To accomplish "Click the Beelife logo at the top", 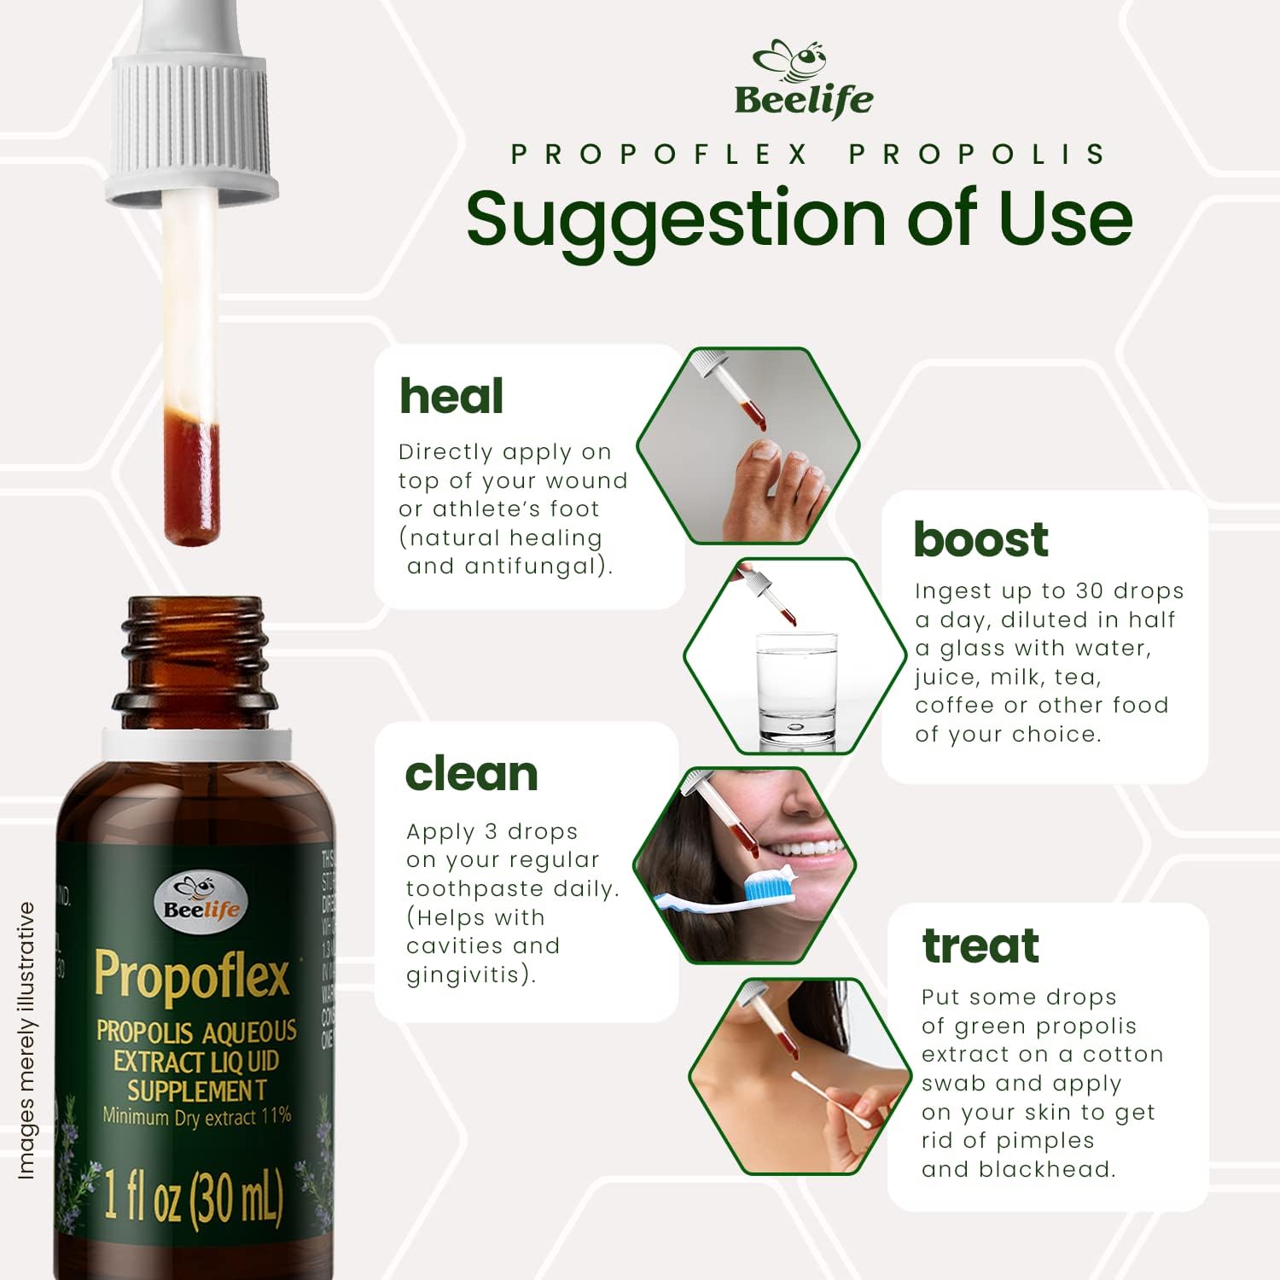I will [803, 79].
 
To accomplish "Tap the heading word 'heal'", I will [451, 397].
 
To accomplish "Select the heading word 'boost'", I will [980, 539].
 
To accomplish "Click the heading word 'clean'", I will [471, 774].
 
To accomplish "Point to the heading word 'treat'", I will [980, 945].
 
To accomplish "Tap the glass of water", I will [797, 688].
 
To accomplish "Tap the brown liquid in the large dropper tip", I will [191, 478].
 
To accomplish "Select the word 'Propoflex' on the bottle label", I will [193, 976].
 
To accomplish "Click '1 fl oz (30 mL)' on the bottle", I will [193, 1196].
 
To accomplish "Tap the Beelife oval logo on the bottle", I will [201, 901].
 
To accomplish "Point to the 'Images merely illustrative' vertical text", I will [26, 1041].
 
